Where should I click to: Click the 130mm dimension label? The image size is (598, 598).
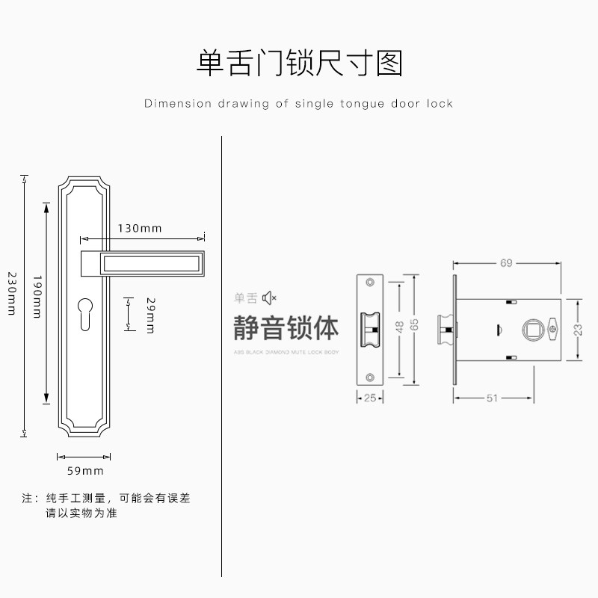140,228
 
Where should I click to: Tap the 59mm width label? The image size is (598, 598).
85,471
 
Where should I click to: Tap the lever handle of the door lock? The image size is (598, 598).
142,262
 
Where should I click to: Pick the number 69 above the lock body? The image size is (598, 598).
506,263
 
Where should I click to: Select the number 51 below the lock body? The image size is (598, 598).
492,398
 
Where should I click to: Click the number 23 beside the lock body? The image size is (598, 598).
578,329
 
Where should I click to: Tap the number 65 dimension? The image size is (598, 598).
415,327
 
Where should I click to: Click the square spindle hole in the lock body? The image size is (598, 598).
533,329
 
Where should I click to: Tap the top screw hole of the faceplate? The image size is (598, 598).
369,283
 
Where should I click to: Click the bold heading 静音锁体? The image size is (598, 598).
286,327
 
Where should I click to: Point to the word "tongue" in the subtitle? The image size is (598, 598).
361,104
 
